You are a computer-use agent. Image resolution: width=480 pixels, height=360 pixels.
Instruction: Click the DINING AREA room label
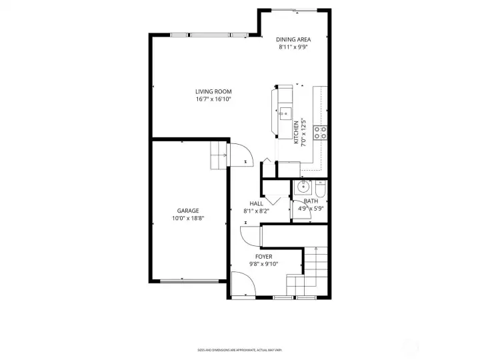tap(294, 39)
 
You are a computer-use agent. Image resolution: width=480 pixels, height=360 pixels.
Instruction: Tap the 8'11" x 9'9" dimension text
tap(294, 47)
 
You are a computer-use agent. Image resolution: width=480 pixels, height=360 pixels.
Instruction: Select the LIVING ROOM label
tap(213, 91)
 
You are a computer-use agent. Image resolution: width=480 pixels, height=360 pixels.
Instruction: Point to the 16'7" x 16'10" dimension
tap(213, 99)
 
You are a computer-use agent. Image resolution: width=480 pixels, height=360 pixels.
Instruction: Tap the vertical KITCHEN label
tap(297, 130)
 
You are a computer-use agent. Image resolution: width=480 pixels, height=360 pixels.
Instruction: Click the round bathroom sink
tap(303, 187)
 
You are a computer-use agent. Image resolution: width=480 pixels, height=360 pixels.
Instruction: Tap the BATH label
tap(311, 201)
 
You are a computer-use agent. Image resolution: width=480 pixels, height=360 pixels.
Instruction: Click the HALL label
tap(256, 203)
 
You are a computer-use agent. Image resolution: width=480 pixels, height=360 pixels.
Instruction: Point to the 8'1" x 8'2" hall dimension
tap(256, 211)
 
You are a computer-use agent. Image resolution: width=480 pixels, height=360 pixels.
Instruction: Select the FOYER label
tap(263, 256)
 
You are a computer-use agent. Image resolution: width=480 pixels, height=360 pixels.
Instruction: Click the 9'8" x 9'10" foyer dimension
tap(263, 264)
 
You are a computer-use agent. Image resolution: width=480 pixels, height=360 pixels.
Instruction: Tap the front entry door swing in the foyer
tap(243, 283)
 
